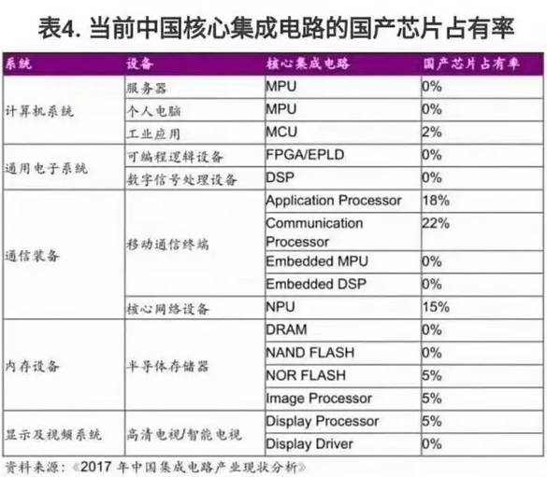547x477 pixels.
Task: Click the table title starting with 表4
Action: point(276,27)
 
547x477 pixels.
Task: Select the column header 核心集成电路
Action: point(308,63)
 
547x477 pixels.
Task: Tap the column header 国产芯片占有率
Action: point(471,63)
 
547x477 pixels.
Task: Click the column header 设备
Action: point(140,63)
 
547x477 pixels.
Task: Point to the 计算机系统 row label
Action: point(39,111)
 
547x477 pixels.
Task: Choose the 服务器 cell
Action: point(147,88)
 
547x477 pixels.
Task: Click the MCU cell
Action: point(281,132)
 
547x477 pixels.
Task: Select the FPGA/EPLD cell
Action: point(305,155)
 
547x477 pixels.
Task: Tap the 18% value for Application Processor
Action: point(436,201)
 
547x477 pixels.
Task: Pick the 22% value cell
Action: point(436,223)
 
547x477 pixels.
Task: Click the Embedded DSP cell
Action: point(316,284)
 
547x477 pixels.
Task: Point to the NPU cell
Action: point(281,307)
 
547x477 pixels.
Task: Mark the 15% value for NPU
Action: point(436,307)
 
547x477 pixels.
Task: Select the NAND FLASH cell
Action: point(310,353)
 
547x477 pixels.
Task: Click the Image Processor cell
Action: point(319,399)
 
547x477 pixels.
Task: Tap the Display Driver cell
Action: point(309,444)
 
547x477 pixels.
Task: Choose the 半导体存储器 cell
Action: point(167,366)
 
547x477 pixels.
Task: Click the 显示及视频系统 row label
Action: point(53,434)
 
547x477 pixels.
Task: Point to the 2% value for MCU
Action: point(432,132)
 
